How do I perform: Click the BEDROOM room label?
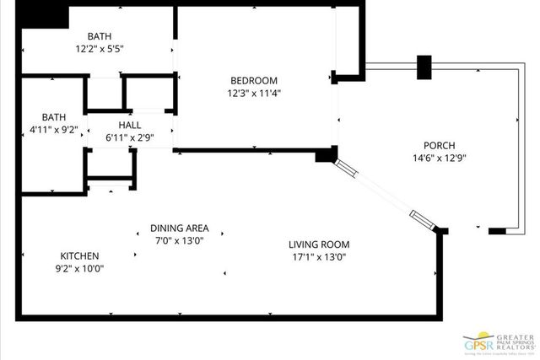point(254,81)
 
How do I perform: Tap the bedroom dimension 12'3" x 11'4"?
point(254,93)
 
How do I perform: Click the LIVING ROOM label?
point(318,244)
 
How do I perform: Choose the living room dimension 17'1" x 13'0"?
point(318,257)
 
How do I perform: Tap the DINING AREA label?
point(179,228)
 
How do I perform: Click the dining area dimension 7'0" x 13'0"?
point(179,240)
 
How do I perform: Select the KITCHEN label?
point(79,255)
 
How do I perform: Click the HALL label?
point(129,125)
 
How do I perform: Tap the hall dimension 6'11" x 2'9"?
point(129,137)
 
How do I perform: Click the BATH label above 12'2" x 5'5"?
point(100,36)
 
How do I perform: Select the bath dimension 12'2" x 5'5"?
point(100,49)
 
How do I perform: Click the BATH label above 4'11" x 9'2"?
point(55,117)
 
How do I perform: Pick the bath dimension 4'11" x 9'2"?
point(53,130)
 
